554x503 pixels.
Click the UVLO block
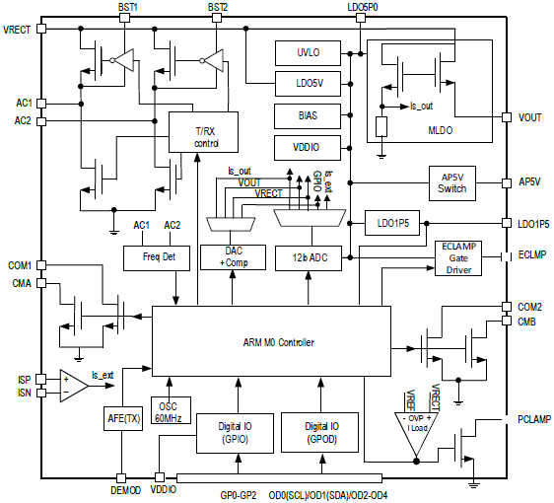(308, 53)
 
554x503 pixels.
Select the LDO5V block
(308, 84)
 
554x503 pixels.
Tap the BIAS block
(308, 116)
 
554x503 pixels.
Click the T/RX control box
(203, 132)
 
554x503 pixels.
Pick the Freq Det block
(157, 258)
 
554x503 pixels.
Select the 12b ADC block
(309, 258)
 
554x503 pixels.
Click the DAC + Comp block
(234, 257)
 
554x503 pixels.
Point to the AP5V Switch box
(452, 183)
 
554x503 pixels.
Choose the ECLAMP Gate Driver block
(458, 258)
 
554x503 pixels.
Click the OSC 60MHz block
(171, 410)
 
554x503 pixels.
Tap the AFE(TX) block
(123, 418)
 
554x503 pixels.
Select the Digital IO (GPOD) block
(319, 433)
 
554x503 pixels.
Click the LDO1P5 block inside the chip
(392, 223)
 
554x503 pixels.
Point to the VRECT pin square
(41, 29)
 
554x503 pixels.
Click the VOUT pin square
(507, 117)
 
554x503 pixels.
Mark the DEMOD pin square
(121, 478)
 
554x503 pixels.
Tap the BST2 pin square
(217, 18)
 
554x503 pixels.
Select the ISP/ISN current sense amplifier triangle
(74, 386)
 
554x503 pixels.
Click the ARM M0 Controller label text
(278, 342)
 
